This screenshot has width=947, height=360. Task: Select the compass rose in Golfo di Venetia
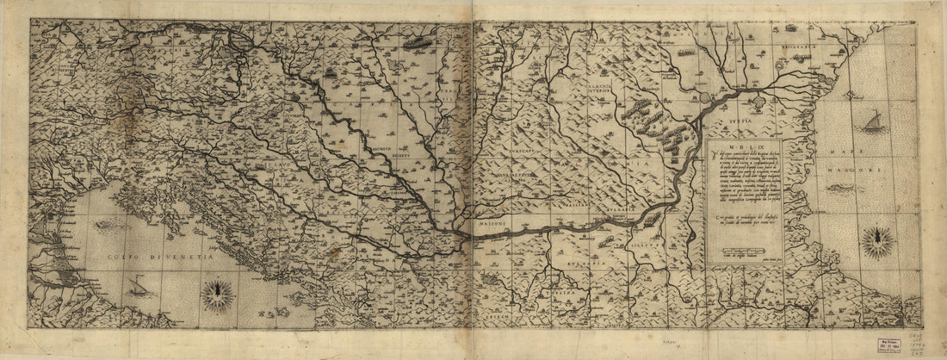click(x=217, y=295)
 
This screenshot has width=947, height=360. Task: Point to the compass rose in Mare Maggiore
click(x=877, y=241)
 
